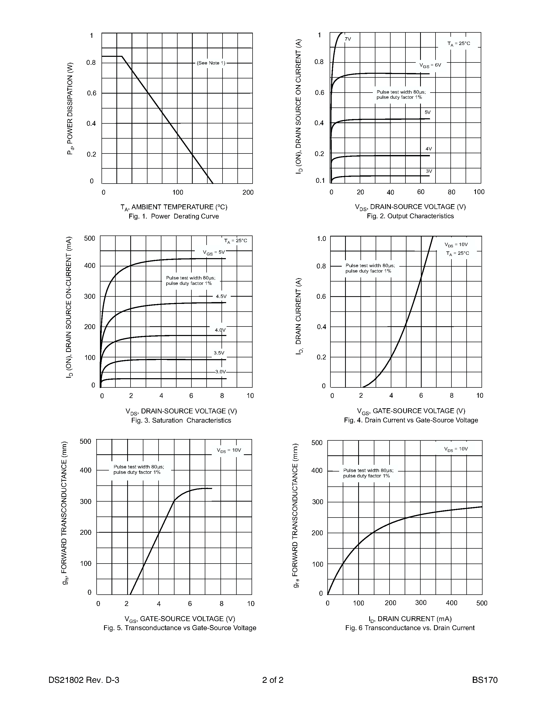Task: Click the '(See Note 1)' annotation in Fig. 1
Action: [211, 63]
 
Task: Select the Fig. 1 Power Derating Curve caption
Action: [174, 216]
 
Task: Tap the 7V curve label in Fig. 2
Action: [348, 39]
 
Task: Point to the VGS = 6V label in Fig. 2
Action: [430, 65]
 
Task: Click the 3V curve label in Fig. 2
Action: [429, 171]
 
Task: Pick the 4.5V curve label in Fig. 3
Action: [221, 296]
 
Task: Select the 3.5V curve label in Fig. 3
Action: [219, 353]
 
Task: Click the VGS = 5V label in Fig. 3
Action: [214, 252]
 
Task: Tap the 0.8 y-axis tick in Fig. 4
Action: [321, 266]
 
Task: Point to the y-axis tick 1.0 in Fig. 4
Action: [321, 239]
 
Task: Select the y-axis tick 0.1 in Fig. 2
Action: [320, 180]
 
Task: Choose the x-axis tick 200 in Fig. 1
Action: [248, 192]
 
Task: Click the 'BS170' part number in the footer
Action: [485, 679]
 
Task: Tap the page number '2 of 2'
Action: [273, 679]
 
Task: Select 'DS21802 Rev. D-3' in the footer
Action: [84, 679]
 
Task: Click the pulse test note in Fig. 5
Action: [138, 469]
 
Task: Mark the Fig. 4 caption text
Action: [411, 420]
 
